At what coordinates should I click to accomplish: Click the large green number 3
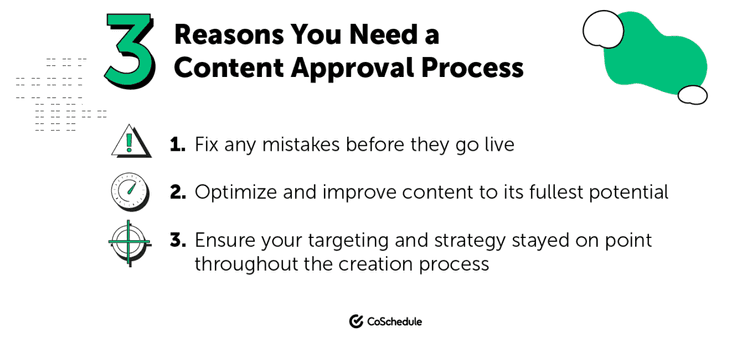130,51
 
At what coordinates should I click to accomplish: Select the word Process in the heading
478,68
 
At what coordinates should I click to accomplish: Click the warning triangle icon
130,142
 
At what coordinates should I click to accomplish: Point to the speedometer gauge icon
130,192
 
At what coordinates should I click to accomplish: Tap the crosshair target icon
129,241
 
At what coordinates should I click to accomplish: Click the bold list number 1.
178,145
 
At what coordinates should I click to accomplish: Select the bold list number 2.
178,192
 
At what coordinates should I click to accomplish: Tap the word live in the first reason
495,145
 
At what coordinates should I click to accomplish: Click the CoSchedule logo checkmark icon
356,321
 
